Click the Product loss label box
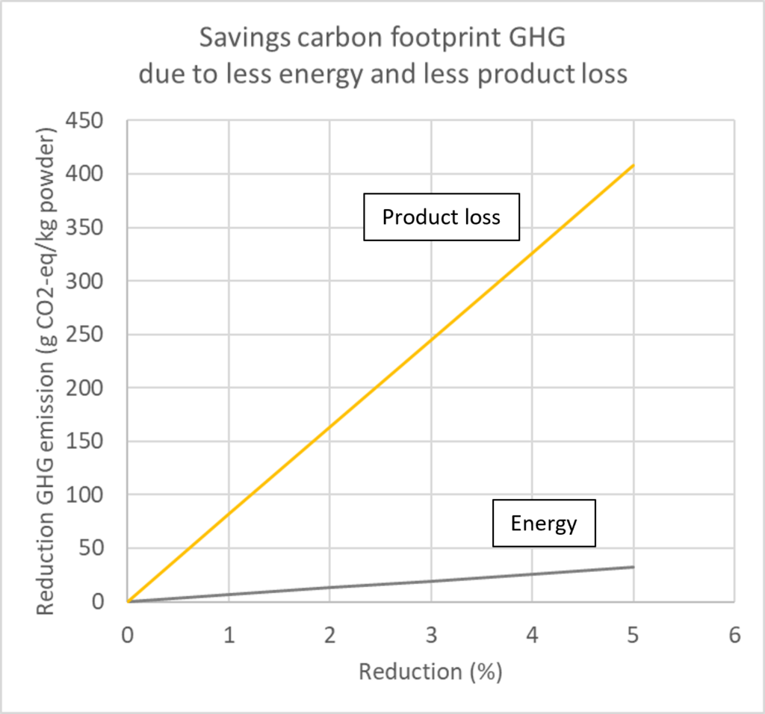tap(441, 217)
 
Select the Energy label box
tap(544, 523)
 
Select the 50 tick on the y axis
tap(105, 549)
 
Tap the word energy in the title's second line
tap(335, 74)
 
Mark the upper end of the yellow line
tap(634, 165)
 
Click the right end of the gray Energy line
tap(634, 567)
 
